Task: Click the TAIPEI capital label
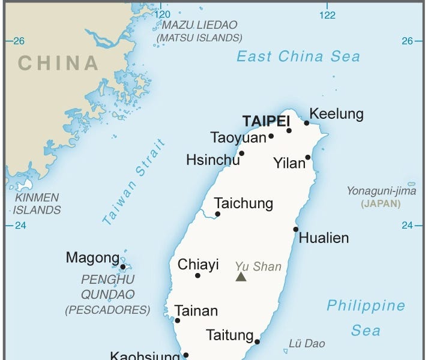pyautogui.click(x=266, y=121)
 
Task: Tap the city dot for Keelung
pyautogui.click(x=307, y=123)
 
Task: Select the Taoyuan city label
pyautogui.click(x=238, y=137)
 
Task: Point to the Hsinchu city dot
pyautogui.click(x=242, y=153)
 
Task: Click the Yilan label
pyautogui.click(x=289, y=163)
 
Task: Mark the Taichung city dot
pyautogui.click(x=217, y=214)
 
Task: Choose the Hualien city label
pyautogui.click(x=324, y=238)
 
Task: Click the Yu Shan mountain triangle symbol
pyautogui.click(x=241, y=277)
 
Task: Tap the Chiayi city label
pyautogui.click(x=198, y=265)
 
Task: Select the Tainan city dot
pyautogui.click(x=177, y=320)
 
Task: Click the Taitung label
pyautogui.click(x=229, y=335)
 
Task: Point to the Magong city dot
pyautogui.click(x=122, y=267)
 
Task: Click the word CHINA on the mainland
pyautogui.click(x=58, y=62)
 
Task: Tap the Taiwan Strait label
pyautogui.click(x=133, y=182)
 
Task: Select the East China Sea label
pyautogui.click(x=298, y=56)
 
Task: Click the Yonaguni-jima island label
pyautogui.click(x=381, y=191)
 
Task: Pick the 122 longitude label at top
pyautogui.click(x=327, y=15)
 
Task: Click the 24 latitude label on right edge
pyautogui.click(x=408, y=226)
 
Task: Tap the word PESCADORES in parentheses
pyautogui.click(x=107, y=310)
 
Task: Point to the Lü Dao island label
pyautogui.click(x=307, y=344)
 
